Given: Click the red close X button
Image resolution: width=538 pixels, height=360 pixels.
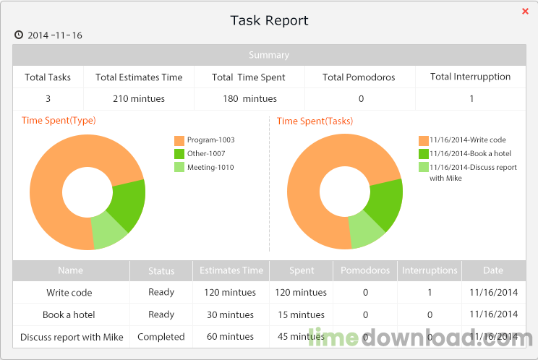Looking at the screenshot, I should click(525, 12).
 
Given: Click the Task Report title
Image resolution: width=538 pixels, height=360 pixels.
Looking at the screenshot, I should click(269, 20).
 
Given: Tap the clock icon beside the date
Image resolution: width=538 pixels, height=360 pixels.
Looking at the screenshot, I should click(18, 35).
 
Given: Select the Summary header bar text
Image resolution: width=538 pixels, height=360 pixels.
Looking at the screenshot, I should click(269, 55).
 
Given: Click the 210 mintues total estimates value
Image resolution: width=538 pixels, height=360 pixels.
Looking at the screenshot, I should click(139, 99).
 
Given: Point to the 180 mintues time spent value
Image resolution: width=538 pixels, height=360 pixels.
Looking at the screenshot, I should click(250, 99).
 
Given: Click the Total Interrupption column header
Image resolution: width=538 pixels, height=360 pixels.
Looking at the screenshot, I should click(470, 77).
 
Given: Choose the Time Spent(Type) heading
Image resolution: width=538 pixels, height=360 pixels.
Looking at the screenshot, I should click(59, 121).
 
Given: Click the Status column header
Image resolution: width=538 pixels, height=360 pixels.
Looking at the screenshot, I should click(161, 271).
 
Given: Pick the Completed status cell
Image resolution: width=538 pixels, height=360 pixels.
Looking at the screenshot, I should click(161, 337).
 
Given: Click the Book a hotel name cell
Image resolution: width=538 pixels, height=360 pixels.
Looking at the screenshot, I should click(69, 315).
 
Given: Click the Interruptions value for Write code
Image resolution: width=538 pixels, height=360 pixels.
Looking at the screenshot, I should click(430, 293).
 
